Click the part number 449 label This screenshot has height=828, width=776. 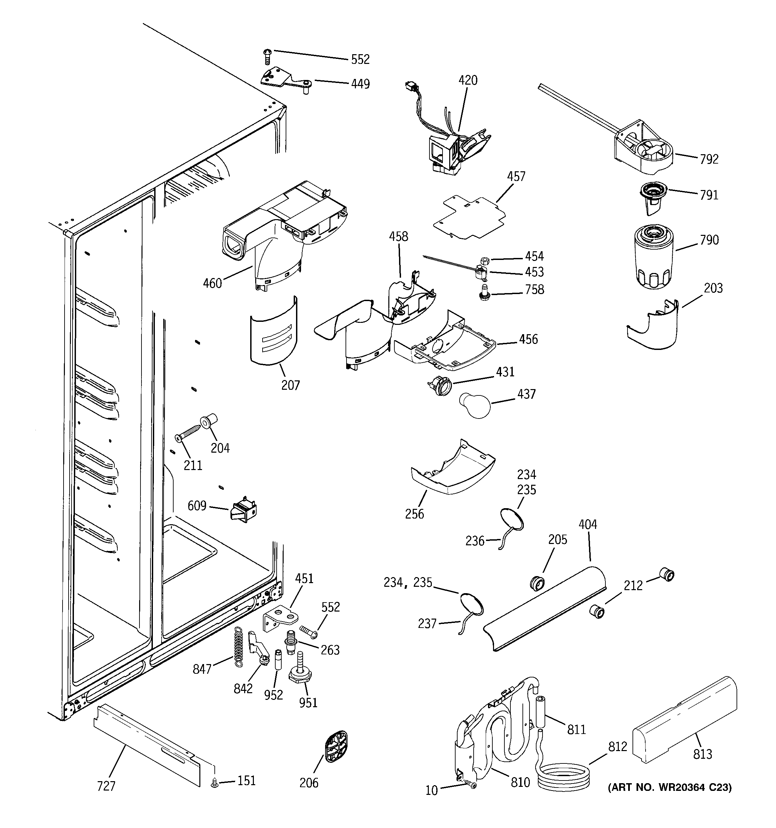click(x=360, y=84)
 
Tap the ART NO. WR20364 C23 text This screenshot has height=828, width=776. click(x=670, y=787)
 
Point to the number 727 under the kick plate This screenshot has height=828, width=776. click(x=106, y=786)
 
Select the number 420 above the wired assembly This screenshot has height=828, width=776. click(x=468, y=80)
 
